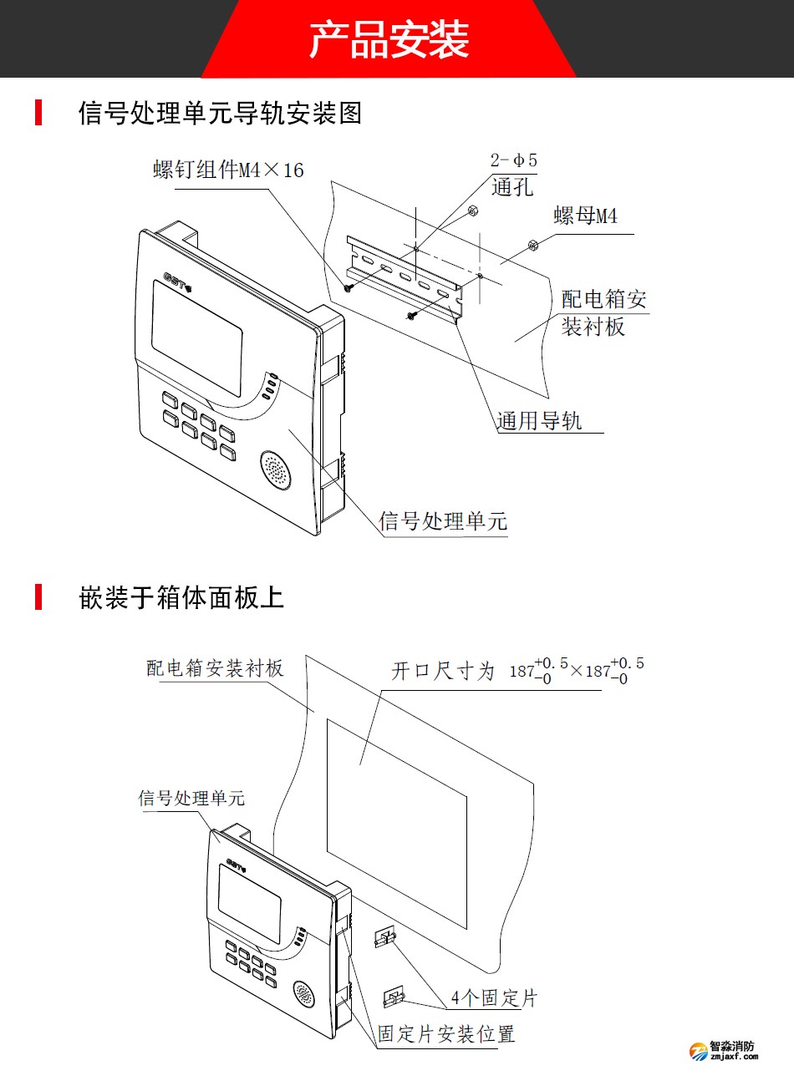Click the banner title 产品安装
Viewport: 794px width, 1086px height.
tap(389, 39)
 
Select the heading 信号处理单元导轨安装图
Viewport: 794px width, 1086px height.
tap(220, 113)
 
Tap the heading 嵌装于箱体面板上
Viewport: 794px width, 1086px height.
tap(181, 597)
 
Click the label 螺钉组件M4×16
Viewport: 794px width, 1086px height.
tap(228, 170)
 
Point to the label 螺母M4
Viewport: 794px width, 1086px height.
tap(585, 216)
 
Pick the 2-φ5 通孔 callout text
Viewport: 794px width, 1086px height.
tap(513, 174)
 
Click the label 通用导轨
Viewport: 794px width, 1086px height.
tap(539, 420)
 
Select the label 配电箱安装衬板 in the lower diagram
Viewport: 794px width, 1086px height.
tap(215, 668)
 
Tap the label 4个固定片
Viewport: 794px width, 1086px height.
tap(494, 998)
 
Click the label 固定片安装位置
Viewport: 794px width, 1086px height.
tap(446, 1034)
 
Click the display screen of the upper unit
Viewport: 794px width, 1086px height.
tap(196, 337)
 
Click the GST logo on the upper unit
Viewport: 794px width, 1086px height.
tap(178, 279)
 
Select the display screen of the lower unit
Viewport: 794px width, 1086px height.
tap(249, 903)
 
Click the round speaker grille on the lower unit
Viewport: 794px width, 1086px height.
tap(303, 994)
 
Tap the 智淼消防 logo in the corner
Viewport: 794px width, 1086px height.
tap(724, 1050)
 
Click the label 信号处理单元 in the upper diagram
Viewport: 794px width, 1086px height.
tap(443, 521)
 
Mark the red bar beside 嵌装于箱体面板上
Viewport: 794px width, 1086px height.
tap(38, 597)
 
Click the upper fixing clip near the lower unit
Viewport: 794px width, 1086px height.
tap(384, 936)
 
